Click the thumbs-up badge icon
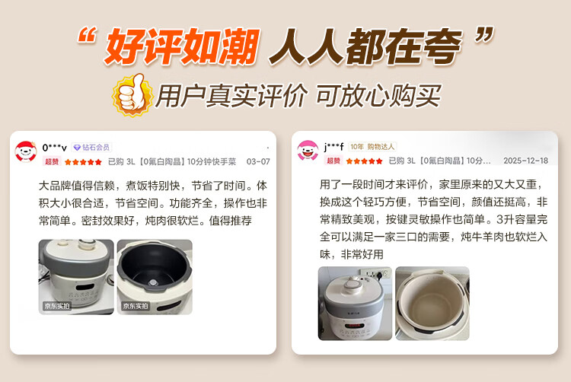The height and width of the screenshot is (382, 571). [x=132, y=94]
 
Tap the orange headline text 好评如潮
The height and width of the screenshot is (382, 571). [x=182, y=46]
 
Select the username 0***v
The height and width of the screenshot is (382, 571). [x=54, y=148]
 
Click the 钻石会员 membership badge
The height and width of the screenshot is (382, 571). [x=92, y=148]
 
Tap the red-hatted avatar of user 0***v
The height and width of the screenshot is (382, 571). [x=25, y=151]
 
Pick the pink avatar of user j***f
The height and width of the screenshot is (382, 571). [x=308, y=151]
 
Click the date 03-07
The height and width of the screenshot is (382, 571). [x=258, y=161]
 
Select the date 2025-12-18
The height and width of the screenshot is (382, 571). [x=525, y=161]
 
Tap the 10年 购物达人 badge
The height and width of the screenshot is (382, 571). [x=372, y=147]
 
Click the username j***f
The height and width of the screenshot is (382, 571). [x=334, y=147]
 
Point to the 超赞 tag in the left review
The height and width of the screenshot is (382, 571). [x=52, y=161]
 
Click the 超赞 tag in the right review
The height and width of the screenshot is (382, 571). [x=333, y=161]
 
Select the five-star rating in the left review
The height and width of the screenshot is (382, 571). [x=83, y=162]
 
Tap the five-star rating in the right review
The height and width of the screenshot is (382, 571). [x=364, y=161]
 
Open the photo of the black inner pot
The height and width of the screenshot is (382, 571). [x=155, y=277]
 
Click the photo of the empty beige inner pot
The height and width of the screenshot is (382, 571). [x=432, y=304]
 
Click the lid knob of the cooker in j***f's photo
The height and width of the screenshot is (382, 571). [x=352, y=283]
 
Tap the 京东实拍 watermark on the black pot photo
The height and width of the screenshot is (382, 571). [x=135, y=306]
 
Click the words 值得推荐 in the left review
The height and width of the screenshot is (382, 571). [x=230, y=221]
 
